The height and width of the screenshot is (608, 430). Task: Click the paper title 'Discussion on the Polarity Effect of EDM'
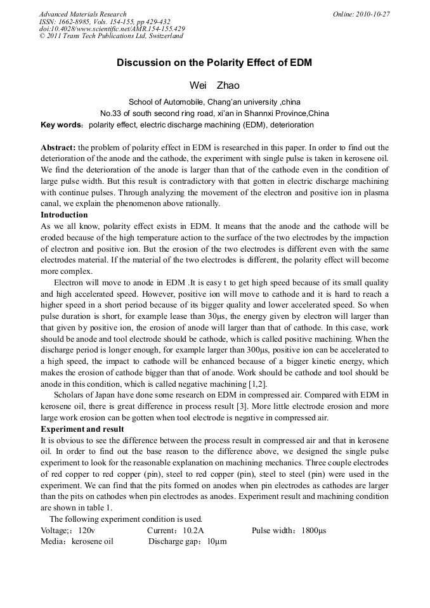pyautogui.click(x=214, y=63)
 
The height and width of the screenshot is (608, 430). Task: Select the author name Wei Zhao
pyautogui.click(x=214, y=85)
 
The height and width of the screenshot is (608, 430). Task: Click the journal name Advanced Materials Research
pyautogui.click(x=82, y=14)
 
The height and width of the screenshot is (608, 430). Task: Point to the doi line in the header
pyautogui.click(x=112, y=29)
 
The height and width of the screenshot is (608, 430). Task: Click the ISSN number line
pyautogui.click(x=104, y=22)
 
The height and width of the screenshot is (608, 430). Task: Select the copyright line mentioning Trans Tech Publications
pyautogui.click(x=111, y=36)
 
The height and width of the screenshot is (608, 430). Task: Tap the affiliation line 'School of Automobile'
pyautogui.click(x=214, y=101)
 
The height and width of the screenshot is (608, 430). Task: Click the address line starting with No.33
pyautogui.click(x=214, y=113)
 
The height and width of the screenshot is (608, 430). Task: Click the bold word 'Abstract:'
pyautogui.click(x=58, y=146)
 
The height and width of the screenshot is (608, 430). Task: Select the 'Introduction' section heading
pyautogui.click(x=64, y=215)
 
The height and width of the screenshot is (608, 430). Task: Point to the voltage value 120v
pyautogui.click(x=84, y=530)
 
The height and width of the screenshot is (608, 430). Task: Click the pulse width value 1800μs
pyautogui.click(x=313, y=530)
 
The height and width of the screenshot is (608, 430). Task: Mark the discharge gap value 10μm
pyautogui.click(x=217, y=541)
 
